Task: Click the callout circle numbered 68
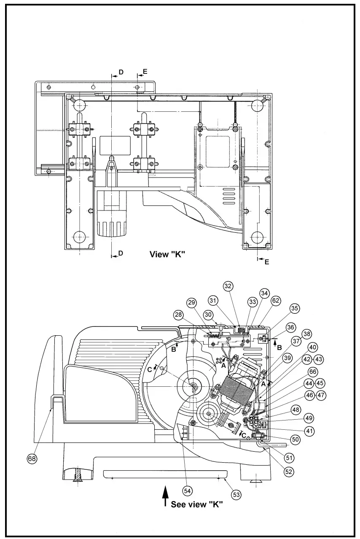tap(31, 458)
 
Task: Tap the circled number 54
tap(188, 490)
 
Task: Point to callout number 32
tap(228, 286)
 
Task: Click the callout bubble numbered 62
tap(276, 300)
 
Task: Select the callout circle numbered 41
tap(310, 431)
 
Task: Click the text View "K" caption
tap(167, 254)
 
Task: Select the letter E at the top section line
tap(145, 72)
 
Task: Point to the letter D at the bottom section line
tap(121, 253)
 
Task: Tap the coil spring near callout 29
tap(214, 336)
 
